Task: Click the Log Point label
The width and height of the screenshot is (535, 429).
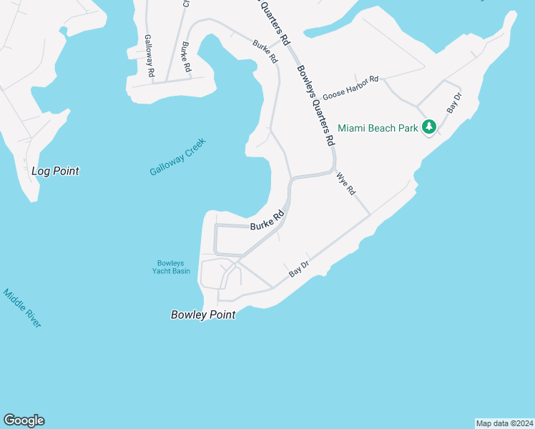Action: (x=55, y=172)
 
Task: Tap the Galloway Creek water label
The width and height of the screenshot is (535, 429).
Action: (x=177, y=157)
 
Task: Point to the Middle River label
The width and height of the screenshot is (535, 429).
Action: (x=22, y=308)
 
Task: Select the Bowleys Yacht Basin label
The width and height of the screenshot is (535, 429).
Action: (x=172, y=267)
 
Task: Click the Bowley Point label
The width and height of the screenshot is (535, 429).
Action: (x=203, y=315)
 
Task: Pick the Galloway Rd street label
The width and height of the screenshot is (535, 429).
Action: (x=149, y=56)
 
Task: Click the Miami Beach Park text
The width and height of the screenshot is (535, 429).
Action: (x=378, y=128)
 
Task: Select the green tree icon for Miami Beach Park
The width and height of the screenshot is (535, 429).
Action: (x=428, y=127)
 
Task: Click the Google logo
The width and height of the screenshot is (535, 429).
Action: (x=24, y=420)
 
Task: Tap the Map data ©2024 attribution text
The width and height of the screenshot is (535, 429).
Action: (x=504, y=423)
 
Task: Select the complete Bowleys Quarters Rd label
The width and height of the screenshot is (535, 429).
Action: (x=315, y=107)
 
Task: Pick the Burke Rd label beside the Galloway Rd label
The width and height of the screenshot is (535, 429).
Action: (x=187, y=56)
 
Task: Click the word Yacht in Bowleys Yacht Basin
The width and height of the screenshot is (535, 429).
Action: (x=172, y=270)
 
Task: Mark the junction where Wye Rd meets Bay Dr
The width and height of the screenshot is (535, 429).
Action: (x=370, y=214)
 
